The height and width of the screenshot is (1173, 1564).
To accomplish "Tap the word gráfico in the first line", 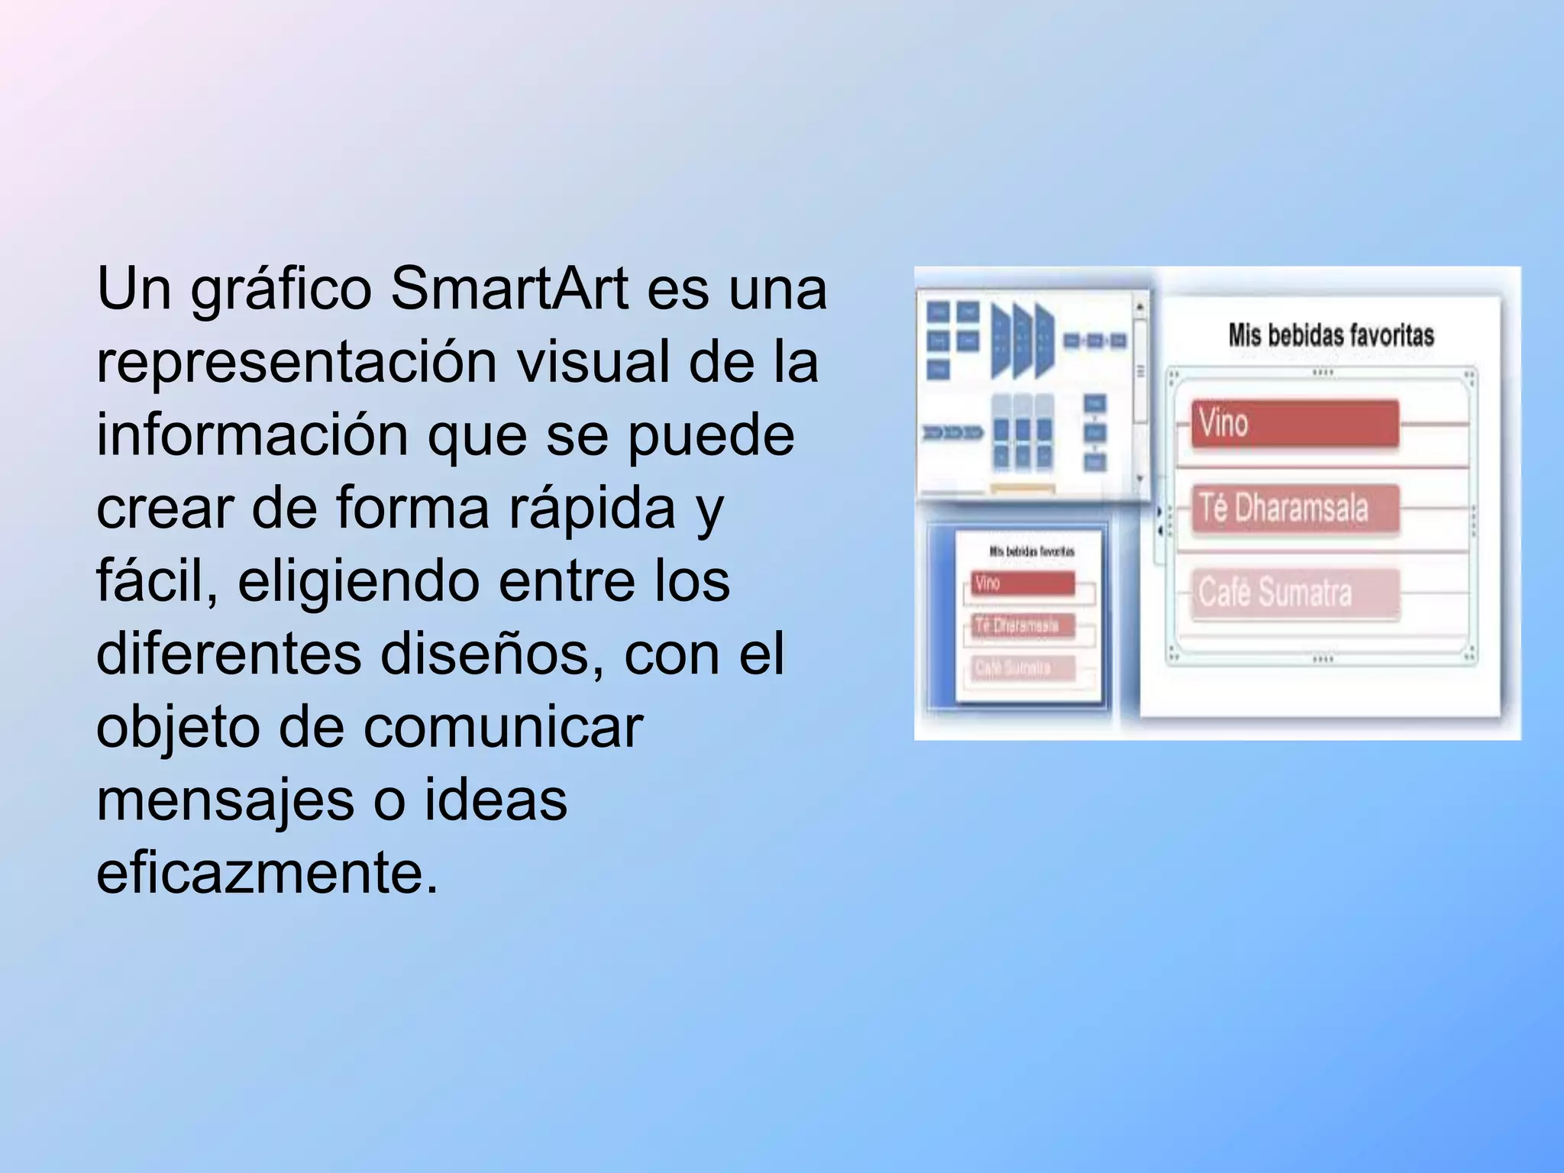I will pos(281,290).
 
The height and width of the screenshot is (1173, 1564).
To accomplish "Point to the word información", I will pos(251,435).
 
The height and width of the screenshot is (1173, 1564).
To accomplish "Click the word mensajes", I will pos(226,800).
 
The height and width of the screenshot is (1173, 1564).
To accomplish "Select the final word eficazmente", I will pos(267,872).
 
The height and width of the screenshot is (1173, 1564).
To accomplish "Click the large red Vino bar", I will pos(1295,423).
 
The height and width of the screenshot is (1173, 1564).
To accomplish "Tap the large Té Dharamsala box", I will pos(1295,508).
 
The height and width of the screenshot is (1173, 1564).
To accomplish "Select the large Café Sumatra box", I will pos(1295,593).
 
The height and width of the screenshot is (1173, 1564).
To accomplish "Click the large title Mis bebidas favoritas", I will pos(1330,335).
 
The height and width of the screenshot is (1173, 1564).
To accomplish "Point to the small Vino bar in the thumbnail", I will pos(1023,583).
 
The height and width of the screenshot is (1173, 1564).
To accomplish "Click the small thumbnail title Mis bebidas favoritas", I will pos(1032,551).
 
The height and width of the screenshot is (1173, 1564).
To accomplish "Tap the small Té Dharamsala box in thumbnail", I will pos(1023,625).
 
